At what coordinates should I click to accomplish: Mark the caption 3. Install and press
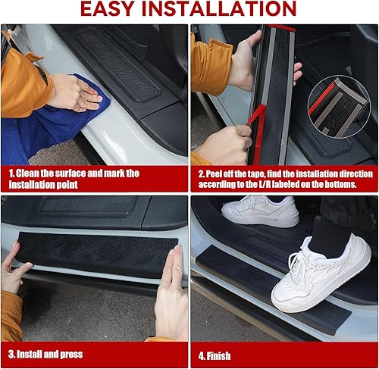pos(45,354)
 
